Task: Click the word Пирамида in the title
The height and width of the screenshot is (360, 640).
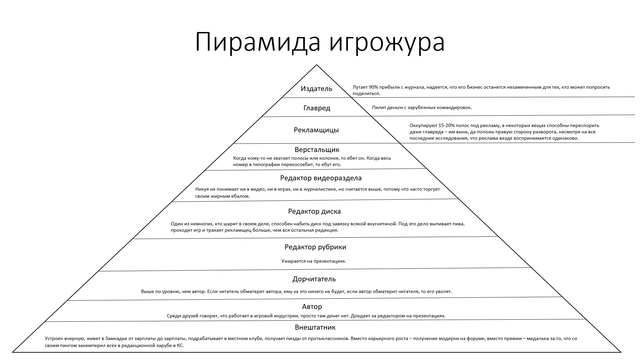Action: [258, 43]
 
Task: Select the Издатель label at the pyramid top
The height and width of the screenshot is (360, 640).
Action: [316, 89]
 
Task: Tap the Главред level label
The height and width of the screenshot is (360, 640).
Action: [317, 108]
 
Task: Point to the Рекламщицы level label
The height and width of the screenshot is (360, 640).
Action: [316, 130]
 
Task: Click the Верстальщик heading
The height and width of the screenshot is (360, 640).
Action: [317, 150]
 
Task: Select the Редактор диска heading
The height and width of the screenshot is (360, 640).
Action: [314, 211]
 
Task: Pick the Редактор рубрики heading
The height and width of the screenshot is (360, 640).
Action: [315, 247]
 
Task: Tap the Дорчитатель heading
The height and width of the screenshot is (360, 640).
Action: [314, 279]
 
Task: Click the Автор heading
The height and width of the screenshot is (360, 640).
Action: [312, 307]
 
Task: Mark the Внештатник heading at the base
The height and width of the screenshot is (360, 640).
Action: [315, 327]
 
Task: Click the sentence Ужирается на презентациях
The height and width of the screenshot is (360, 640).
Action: [314, 261]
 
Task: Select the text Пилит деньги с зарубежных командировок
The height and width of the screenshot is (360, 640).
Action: [422, 108]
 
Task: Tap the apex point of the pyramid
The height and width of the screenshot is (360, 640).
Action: [317, 65]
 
